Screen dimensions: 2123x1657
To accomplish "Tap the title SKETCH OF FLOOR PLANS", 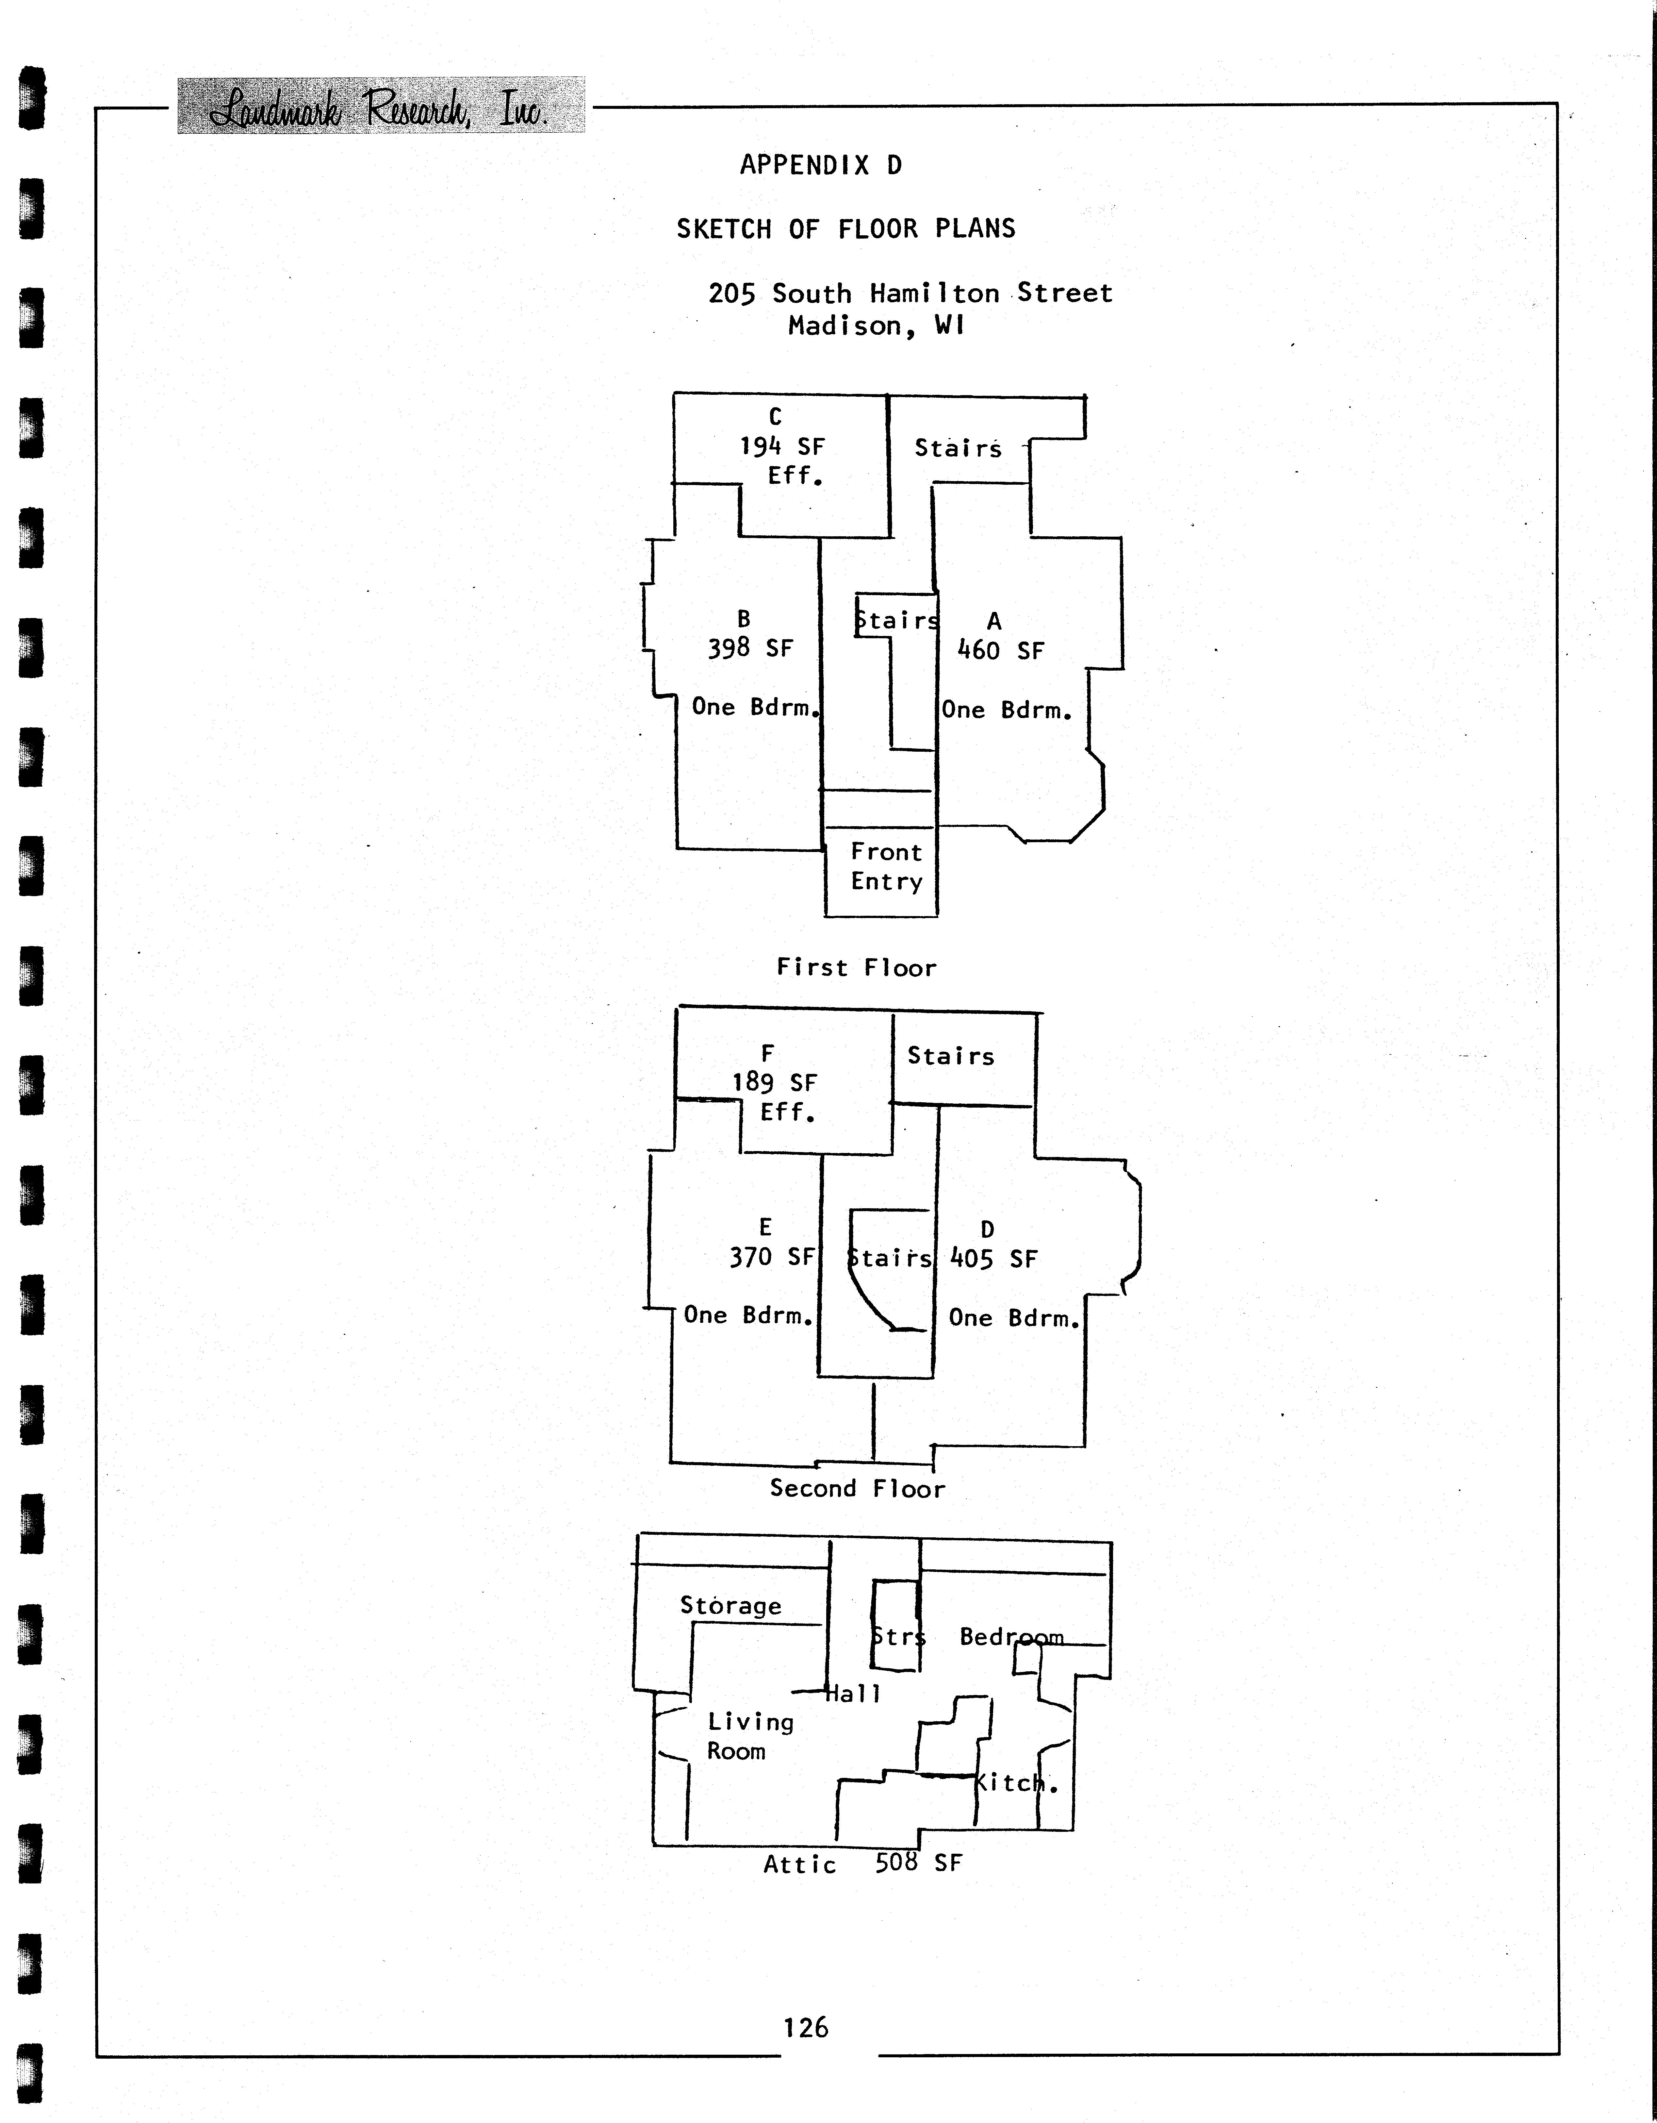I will pos(845,229).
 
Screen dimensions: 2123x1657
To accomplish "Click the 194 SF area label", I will pos(782,447).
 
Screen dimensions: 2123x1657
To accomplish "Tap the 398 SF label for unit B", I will pos(750,648).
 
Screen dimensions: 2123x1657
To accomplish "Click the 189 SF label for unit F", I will pos(775,1083).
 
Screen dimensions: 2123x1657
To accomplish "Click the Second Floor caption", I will pos(856,1488).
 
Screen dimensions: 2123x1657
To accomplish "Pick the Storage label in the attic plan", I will pos(730,1606).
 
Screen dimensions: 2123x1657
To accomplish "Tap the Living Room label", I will pos(749,1736).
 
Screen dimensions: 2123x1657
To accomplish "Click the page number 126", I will pos(806,2028).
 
